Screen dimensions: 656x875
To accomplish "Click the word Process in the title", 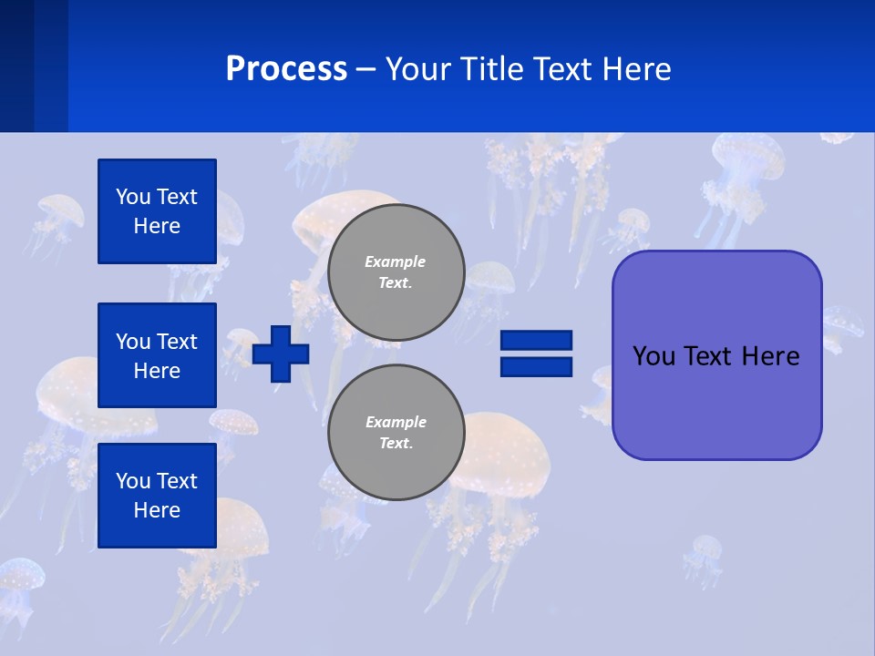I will (x=286, y=68).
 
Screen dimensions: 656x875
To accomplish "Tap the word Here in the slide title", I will (x=636, y=68).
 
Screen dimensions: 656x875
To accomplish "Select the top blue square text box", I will (x=157, y=211).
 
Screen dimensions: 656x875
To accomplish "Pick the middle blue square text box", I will (x=157, y=355).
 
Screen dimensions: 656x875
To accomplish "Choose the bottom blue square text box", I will (x=157, y=496).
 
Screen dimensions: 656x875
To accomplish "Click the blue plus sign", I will (x=281, y=354).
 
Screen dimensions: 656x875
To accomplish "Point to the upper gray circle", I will (x=396, y=272).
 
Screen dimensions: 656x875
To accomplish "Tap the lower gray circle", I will (x=396, y=433).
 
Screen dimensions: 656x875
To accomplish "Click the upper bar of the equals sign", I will (x=537, y=340).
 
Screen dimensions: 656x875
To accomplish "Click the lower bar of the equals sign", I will (x=537, y=366).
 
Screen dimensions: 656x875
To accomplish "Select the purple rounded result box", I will (x=716, y=401).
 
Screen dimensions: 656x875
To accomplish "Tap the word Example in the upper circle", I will (x=396, y=261).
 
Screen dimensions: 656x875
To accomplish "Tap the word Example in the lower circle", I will (x=396, y=422).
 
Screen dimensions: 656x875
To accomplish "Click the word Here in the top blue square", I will (x=157, y=226).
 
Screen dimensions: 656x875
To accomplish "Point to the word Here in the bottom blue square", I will (x=157, y=510).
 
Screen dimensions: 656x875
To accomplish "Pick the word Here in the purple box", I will (x=770, y=356).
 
